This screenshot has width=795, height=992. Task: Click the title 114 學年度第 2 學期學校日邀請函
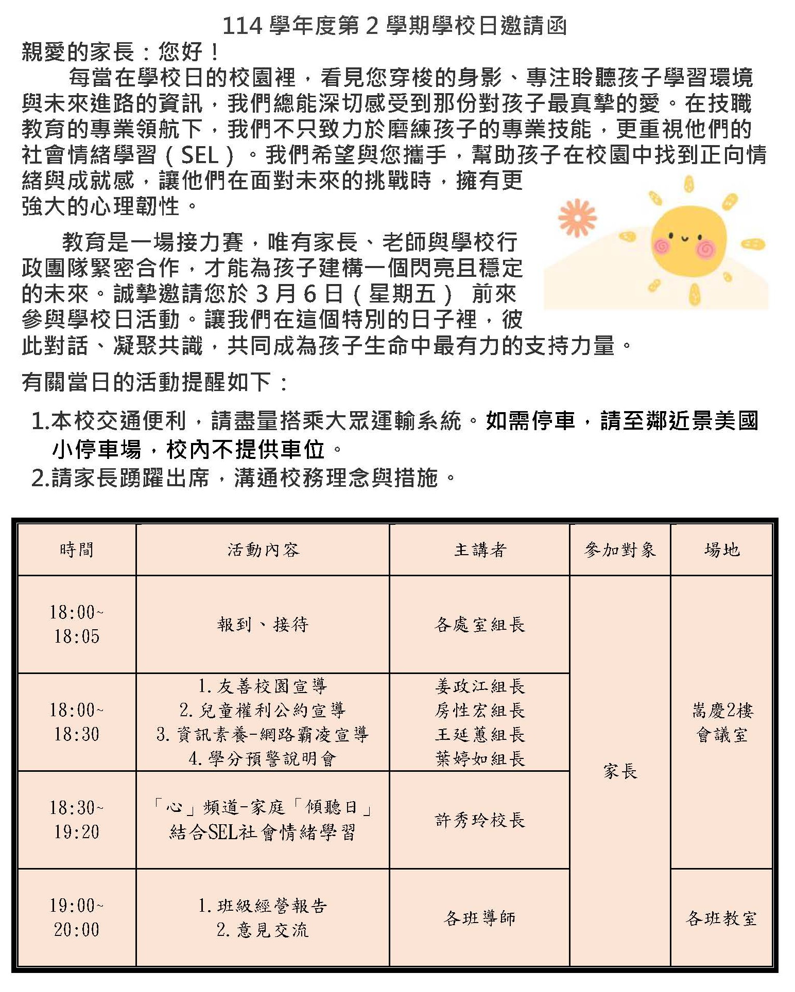394,26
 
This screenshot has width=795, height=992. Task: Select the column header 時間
77,550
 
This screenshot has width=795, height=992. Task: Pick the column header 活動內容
263,550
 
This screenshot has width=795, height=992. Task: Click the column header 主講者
480,550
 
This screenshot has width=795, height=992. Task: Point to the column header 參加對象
620,550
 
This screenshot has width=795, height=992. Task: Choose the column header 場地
722,550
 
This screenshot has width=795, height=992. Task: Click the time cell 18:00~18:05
77,624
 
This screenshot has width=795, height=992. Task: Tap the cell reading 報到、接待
263,625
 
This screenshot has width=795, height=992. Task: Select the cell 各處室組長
480,625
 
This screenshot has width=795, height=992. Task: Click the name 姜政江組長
480,686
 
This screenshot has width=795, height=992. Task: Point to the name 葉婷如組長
480,758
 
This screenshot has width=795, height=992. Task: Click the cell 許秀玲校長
480,820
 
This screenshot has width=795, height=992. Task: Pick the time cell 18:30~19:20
77,820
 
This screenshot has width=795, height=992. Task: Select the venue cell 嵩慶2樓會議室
722,723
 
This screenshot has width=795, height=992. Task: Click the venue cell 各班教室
722,918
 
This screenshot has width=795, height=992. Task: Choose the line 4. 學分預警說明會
263,758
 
